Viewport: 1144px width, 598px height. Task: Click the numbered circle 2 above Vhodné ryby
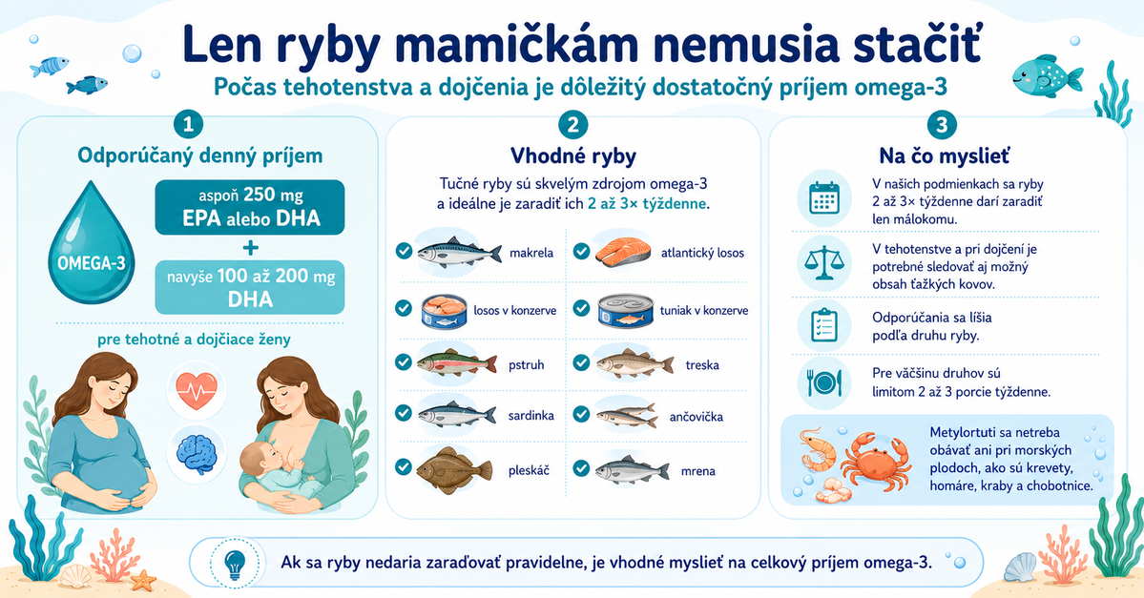[572, 125]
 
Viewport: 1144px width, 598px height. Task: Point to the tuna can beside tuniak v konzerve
[625, 311]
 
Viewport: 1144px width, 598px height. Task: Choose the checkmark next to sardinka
[404, 414]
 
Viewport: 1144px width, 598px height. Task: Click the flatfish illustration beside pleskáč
[454, 469]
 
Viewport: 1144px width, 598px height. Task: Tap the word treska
[702, 364]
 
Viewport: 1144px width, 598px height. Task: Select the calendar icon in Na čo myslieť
[824, 197]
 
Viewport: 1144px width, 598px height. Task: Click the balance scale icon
[823, 262]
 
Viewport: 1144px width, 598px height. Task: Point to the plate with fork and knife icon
[824, 382]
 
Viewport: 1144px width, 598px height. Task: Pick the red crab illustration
[876, 459]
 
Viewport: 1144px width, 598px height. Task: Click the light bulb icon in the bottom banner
[234, 564]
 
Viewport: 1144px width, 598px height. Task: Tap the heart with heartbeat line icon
[196, 391]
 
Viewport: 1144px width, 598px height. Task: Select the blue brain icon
[196, 452]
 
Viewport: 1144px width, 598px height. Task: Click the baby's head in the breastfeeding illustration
[261, 461]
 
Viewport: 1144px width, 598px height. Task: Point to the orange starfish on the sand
[143, 580]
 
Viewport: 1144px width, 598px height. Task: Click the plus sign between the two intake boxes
[250, 248]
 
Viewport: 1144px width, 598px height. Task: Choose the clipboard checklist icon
[824, 324]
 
